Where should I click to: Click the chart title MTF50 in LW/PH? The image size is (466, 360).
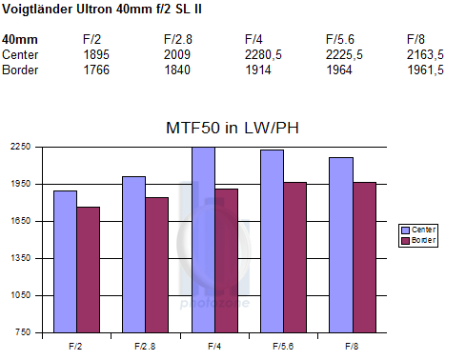click(233, 128)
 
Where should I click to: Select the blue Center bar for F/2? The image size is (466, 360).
click(65, 262)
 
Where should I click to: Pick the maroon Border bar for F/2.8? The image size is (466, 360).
click(156, 265)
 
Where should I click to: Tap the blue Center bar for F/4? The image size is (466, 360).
click(203, 240)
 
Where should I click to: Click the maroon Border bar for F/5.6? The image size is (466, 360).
click(295, 257)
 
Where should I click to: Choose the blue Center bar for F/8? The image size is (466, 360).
click(341, 245)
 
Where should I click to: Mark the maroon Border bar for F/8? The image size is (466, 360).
click(364, 257)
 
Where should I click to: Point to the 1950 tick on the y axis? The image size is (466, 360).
click(21, 184)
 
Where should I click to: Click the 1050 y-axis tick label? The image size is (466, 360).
click(21, 295)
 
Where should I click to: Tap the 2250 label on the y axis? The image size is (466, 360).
click(21, 147)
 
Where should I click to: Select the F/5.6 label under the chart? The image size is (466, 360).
click(283, 346)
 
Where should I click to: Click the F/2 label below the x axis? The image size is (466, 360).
click(75, 346)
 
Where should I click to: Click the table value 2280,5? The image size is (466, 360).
click(263, 55)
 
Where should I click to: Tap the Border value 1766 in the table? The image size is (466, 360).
click(96, 70)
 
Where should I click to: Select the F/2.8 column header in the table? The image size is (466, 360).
click(178, 40)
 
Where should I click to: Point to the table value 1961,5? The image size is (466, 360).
click(425, 70)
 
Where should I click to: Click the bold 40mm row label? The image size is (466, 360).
click(20, 40)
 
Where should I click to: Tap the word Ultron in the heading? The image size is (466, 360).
click(94, 9)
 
